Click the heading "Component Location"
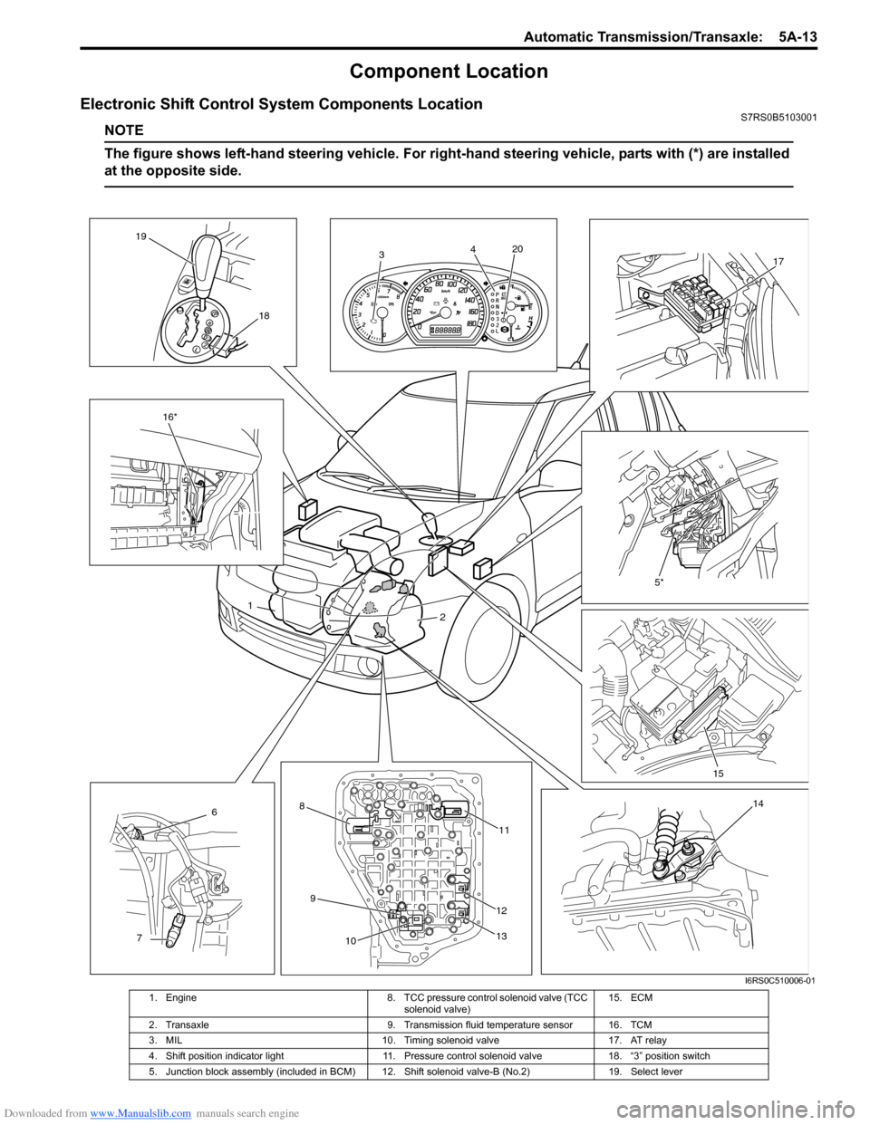pos(449,72)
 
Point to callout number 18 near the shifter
pos(263,315)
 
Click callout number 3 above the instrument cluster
pos(382,255)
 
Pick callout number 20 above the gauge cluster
pos(517,248)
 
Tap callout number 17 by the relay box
pos(778,262)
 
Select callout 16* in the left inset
pos(169,416)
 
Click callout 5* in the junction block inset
pos(659,583)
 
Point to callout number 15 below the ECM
pos(718,774)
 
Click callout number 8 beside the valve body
pos(301,804)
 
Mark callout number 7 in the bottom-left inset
pos(140,938)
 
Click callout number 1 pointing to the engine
pos(248,604)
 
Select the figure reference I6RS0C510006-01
pos(772,980)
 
